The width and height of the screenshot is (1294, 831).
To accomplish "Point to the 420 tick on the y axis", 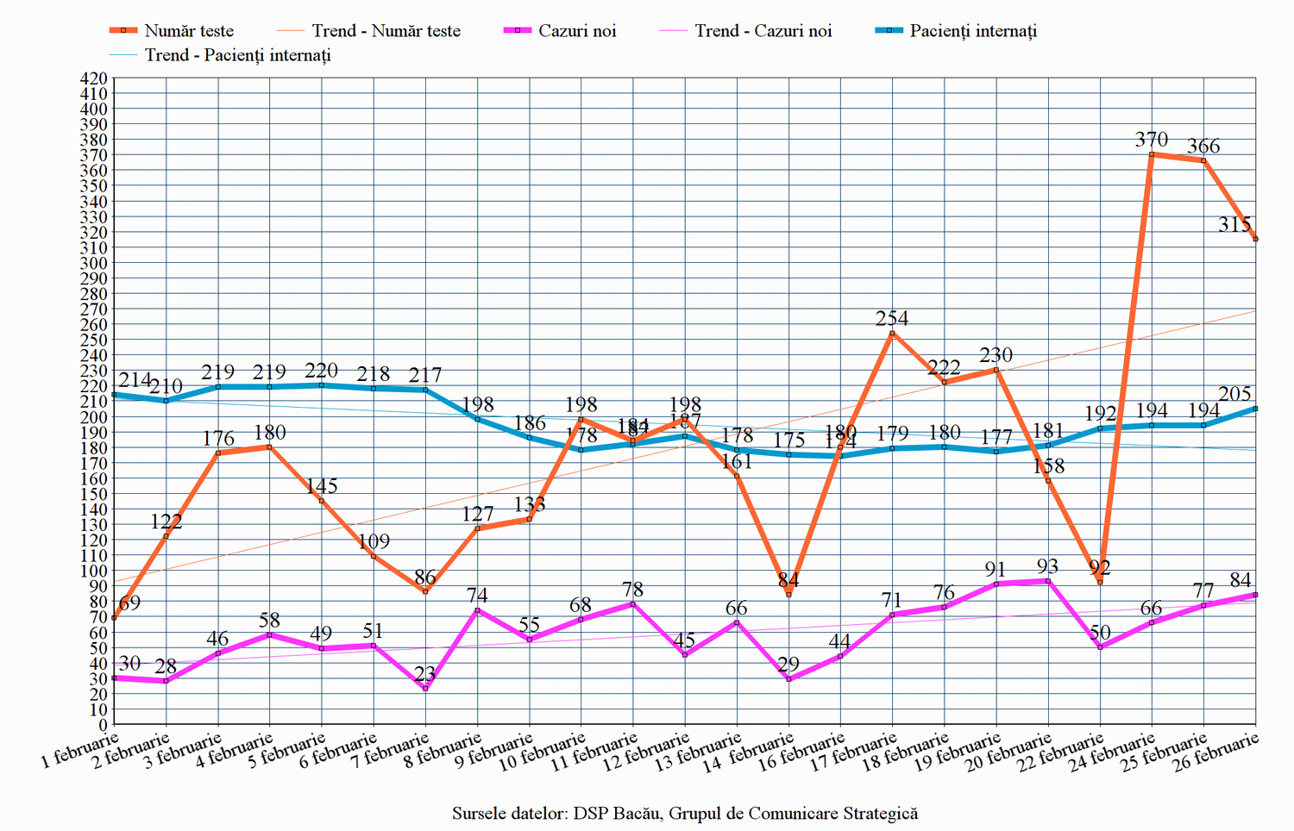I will (x=93, y=78).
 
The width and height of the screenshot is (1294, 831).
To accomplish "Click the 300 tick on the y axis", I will (x=93, y=263).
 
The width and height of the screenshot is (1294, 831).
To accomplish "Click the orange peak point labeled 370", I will (x=1152, y=154).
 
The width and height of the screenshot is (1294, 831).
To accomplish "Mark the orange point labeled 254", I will (x=892, y=334).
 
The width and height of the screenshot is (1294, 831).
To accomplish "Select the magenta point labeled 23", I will (x=425, y=689).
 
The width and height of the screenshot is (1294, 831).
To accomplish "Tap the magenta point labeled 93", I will (x=1048, y=581).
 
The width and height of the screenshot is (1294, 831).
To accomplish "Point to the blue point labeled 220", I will (x=322, y=385).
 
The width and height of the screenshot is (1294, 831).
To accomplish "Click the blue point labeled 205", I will (x=1255, y=409).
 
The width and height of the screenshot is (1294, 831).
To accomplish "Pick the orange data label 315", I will (x=1234, y=225).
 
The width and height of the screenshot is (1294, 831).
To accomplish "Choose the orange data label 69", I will (x=129, y=603).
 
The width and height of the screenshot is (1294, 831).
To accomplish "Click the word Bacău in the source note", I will (x=636, y=814).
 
